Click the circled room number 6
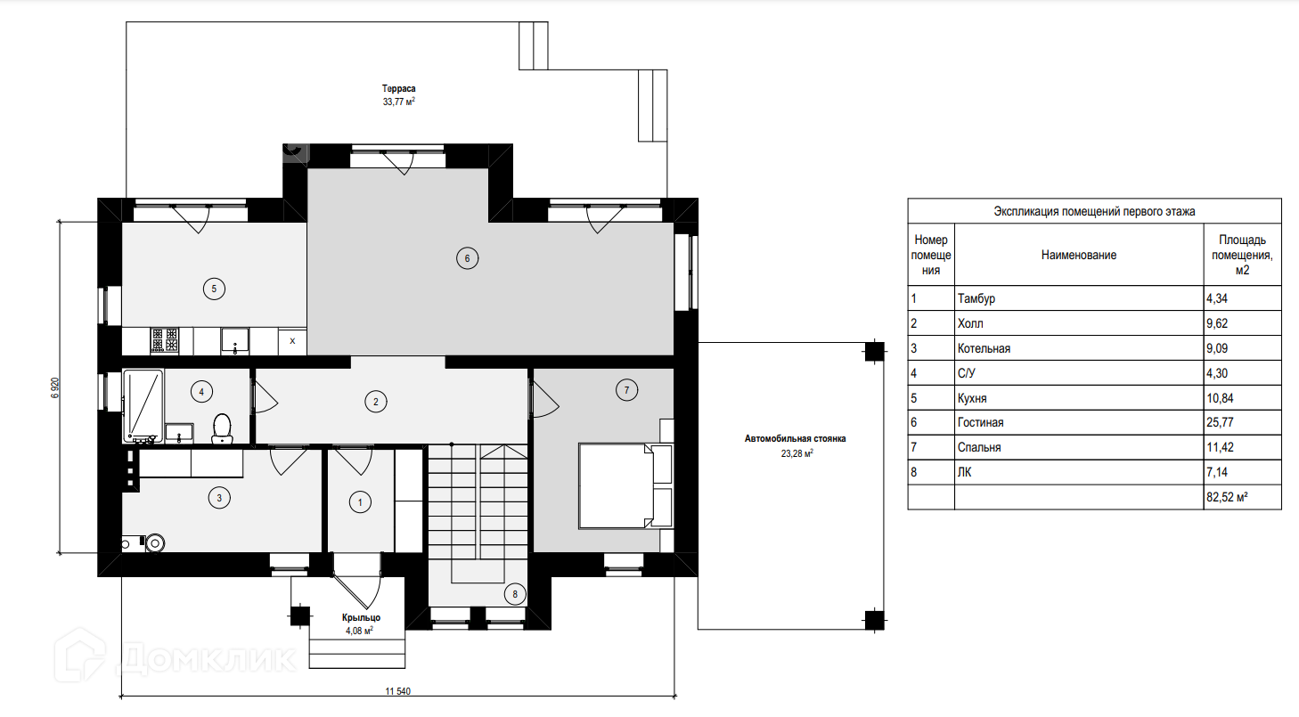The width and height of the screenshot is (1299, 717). pyautogui.click(x=468, y=258)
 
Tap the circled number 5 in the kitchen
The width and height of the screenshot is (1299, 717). pyautogui.click(x=214, y=289)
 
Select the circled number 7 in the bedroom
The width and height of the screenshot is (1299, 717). pyautogui.click(x=626, y=390)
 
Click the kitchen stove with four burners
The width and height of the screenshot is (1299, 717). pyautogui.click(x=165, y=340)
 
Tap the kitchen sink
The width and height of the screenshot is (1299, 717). pyautogui.click(x=235, y=341)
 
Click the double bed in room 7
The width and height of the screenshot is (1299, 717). pyautogui.click(x=625, y=486)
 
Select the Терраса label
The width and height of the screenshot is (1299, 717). pyautogui.click(x=399, y=89)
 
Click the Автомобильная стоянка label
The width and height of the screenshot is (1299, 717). pyautogui.click(x=795, y=439)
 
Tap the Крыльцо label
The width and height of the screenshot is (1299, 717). pyautogui.click(x=362, y=618)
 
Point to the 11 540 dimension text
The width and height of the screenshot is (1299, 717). pyautogui.click(x=398, y=691)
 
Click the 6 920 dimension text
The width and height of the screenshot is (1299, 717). pyautogui.click(x=55, y=387)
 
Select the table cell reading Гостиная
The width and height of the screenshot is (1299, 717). pyautogui.click(x=981, y=422)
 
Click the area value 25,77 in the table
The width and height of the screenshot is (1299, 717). pyautogui.click(x=1220, y=422)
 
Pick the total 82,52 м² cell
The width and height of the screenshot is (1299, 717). pyautogui.click(x=1227, y=497)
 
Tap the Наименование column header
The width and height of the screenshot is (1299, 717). pyautogui.click(x=1079, y=255)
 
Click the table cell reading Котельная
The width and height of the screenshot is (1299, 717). pyautogui.click(x=984, y=348)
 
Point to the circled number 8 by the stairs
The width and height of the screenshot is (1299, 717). pyautogui.click(x=515, y=594)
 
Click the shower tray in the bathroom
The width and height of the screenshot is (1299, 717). pyautogui.click(x=143, y=406)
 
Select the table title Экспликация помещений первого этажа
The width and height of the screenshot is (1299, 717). pyautogui.click(x=1094, y=212)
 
